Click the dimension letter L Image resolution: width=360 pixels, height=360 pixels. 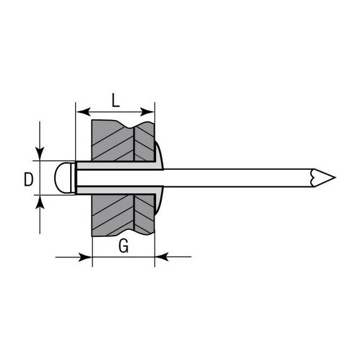tap(116, 100)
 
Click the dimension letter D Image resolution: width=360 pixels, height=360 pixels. tap(28, 179)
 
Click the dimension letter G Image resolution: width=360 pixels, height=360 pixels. tap(124, 246)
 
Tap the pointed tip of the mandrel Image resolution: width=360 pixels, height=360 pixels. tap(335, 177)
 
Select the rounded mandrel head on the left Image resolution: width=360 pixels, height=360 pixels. tap(63, 177)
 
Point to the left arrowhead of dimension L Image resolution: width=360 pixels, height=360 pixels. tap(83, 112)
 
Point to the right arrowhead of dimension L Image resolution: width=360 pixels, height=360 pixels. tap(147, 112)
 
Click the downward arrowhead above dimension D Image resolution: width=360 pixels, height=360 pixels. tap(40, 153)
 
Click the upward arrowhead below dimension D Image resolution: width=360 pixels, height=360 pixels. tap(40, 202)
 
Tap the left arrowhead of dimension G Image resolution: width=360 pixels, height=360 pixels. tap(85, 257)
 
